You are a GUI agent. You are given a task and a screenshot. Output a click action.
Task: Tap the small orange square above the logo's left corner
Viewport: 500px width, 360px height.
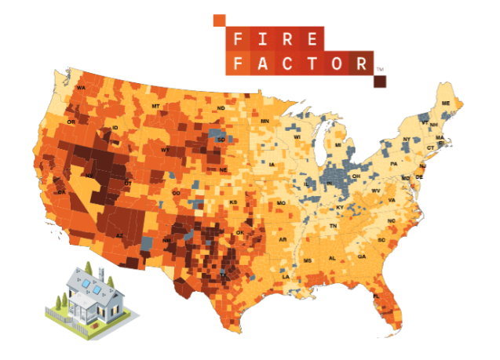click(x=220, y=19)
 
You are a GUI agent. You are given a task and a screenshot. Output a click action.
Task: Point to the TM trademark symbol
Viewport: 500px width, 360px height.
click(x=380, y=71)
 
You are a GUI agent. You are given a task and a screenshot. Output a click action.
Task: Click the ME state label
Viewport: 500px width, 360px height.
click(x=445, y=104)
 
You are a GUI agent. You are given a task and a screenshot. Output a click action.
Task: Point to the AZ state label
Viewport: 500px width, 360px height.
click(x=121, y=235)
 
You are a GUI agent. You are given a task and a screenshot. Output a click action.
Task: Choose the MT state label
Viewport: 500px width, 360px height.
click(x=155, y=106)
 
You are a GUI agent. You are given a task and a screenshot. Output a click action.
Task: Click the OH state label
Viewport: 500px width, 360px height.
click(x=356, y=176)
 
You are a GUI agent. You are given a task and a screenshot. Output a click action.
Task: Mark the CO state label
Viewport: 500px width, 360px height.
click(x=176, y=192)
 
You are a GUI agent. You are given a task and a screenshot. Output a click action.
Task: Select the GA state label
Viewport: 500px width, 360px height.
click(x=361, y=256)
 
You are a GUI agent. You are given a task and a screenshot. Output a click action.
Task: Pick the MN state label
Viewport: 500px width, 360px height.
click(x=265, y=121)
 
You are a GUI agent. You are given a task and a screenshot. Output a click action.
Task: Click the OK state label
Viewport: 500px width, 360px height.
click(x=240, y=232)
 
